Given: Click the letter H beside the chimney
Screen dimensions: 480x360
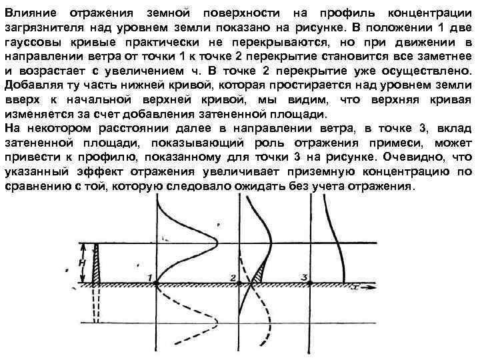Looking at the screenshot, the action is pos(82,263).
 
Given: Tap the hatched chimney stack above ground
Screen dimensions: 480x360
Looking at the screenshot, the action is pos(98,263).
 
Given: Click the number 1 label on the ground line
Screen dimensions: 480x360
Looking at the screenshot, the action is pos(151,277).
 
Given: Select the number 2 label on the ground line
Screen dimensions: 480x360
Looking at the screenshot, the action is pos(232,277).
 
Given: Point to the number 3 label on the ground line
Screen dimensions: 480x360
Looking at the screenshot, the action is pos(304,277).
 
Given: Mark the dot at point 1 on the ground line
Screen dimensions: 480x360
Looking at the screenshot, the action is pos(157,284).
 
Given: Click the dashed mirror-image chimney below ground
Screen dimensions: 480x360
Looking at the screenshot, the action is pos(98,303).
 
